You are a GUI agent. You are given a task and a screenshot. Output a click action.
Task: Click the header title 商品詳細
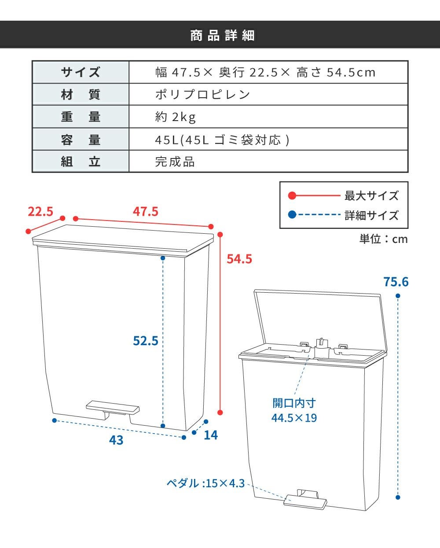(x=222, y=35)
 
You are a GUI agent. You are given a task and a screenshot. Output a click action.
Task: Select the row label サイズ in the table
(x=81, y=72)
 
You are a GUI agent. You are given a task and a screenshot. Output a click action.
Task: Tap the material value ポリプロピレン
(x=203, y=95)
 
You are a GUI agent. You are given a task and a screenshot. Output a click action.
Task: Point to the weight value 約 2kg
(x=176, y=117)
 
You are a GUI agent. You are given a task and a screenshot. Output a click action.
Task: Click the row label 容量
(x=81, y=140)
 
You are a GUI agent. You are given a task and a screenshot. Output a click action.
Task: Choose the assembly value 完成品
(x=175, y=162)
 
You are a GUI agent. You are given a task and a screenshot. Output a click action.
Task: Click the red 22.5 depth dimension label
(x=40, y=212)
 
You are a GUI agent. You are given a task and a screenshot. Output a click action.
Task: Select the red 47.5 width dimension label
(x=145, y=212)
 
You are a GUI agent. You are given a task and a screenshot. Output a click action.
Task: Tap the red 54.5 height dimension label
(x=239, y=259)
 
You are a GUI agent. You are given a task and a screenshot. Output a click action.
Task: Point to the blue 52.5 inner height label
(x=146, y=341)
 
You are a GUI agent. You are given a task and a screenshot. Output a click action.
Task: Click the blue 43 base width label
(x=116, y=440)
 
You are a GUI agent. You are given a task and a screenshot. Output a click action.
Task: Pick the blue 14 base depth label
(x=211, y=435)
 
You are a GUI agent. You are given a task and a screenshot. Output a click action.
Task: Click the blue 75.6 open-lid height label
(x=396, y=282)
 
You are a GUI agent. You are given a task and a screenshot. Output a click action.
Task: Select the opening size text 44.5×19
(x=294, y=418)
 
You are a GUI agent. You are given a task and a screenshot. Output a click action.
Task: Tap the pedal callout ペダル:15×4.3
(x=206, y=483)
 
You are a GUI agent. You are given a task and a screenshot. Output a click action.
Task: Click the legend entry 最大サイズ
(x=371, y=196)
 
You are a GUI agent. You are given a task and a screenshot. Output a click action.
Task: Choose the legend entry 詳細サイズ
(x=371, y=215)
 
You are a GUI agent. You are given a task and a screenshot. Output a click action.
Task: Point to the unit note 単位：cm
(x=384, y=239)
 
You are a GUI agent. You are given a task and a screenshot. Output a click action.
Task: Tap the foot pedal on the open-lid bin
(x=305, y=500)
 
